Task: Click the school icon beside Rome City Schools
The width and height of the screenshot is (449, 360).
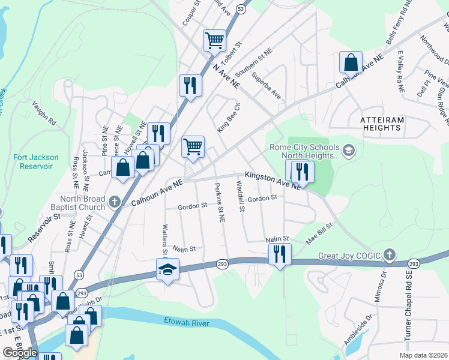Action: pos(349,149)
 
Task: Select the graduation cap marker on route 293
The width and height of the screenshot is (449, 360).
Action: pos(168,269)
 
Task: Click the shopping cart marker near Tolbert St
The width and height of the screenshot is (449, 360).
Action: pos(214,41)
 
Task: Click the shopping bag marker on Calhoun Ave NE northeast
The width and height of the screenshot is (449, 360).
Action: pos(351,62)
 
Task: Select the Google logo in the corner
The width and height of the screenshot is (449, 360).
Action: pos(20,353)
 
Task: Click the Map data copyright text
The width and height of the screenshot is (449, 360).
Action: pos(423,355)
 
